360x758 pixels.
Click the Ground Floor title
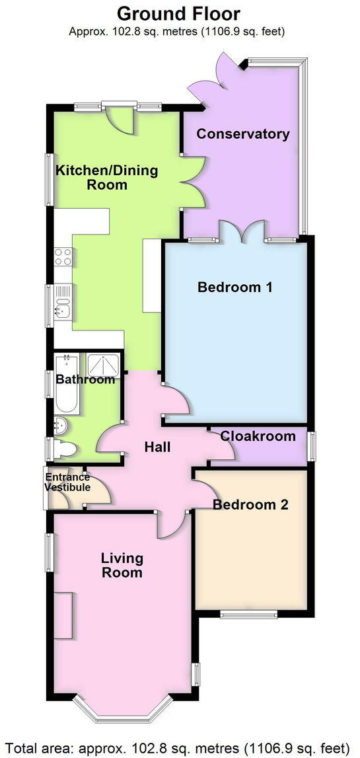coord(178,13)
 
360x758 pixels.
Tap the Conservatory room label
coord(243,134)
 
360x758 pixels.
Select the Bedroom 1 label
coord(235,287)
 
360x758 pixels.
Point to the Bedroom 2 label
coord(250,505)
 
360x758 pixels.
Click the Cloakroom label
coord(258,436)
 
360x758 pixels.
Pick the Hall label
coord(157,447)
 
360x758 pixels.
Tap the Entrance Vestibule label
coord(67,482)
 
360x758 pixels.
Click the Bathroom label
coord(85,379)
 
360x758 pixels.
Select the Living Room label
coord(122,566)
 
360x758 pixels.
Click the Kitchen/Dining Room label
coord(107,177)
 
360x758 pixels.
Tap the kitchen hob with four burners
coord(63,256)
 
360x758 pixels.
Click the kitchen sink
coord(63,308)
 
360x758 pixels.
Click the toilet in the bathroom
coord(65,450)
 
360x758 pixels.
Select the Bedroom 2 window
coord(249,615)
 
